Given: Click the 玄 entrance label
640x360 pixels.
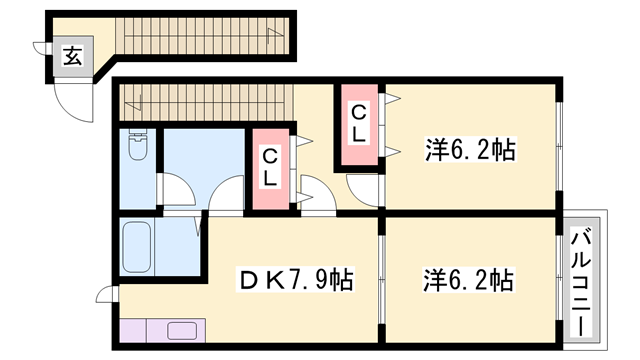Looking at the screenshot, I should pos(72,57).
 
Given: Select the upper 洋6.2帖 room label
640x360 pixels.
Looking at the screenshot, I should pos(470,151).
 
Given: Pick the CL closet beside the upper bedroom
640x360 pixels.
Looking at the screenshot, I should pos(358,125).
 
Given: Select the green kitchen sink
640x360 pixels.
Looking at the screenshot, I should pos(183,331).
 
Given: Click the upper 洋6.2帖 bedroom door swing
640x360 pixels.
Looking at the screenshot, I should pos(362,188).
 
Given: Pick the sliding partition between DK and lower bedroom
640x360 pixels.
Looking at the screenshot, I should pos(381,280).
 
